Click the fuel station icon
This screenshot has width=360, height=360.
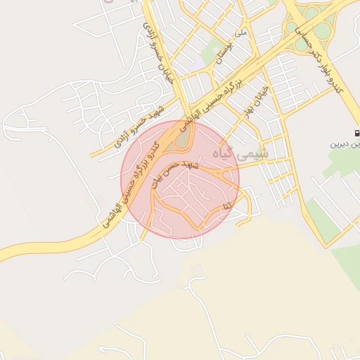tap(356, 132)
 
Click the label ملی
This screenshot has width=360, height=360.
tap(241, 32)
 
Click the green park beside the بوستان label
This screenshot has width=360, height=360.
tap(211, 50)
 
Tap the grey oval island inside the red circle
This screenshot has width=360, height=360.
tap(181, 139)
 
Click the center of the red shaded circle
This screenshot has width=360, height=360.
tap(180, 180)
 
